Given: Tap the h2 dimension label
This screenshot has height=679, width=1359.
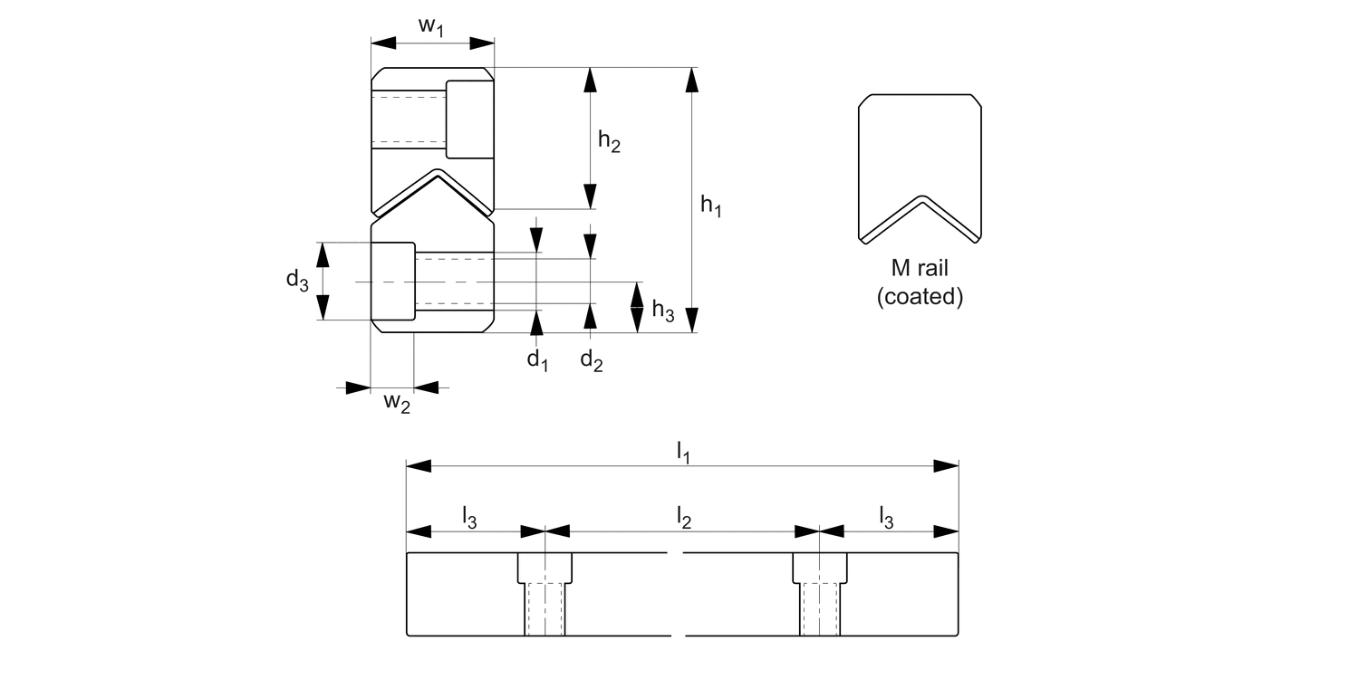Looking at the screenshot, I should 609,141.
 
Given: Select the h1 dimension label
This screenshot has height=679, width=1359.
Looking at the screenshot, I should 711,207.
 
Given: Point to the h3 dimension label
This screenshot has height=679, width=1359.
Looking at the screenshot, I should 663,311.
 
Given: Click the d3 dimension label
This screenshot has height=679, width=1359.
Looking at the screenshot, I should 297,281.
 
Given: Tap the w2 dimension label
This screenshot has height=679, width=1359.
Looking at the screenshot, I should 397,402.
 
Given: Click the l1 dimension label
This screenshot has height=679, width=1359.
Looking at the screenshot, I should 685,454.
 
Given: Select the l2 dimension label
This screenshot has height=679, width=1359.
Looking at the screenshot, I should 684,517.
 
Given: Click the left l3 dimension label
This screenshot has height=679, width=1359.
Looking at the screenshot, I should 469,517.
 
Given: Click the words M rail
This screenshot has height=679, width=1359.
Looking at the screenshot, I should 920,270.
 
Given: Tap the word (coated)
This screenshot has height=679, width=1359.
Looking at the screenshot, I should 920,296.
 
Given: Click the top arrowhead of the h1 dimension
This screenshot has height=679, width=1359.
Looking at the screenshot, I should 692,79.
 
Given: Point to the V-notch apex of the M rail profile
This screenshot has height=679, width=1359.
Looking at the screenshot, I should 920,197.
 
